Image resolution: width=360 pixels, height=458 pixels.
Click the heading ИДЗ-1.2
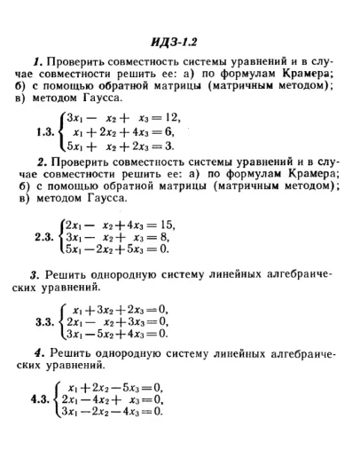coord(180,41)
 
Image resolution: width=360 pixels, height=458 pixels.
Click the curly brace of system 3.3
coord(61,320)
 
